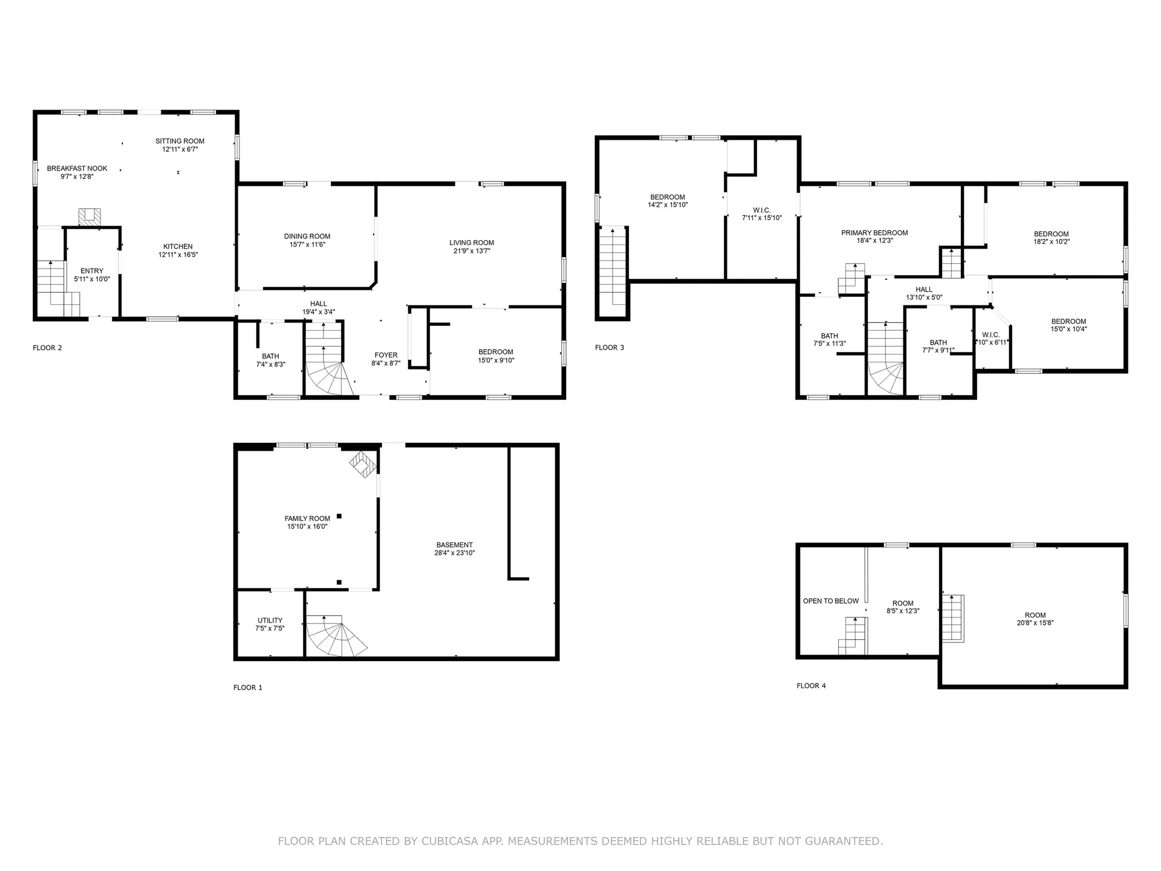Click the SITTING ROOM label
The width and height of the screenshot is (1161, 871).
180,141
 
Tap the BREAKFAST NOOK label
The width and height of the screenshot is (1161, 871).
77,169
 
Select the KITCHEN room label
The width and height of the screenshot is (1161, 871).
178,247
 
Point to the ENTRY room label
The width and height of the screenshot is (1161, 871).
92,271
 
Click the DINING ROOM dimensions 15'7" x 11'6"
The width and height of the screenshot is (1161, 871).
307,244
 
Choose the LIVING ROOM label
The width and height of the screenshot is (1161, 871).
472,243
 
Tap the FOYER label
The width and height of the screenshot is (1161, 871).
386,356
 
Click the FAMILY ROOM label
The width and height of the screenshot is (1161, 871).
307,518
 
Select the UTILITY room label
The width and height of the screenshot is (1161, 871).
270,621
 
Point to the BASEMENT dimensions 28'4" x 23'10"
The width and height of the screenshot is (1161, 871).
455,553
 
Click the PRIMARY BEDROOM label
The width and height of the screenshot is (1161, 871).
874,233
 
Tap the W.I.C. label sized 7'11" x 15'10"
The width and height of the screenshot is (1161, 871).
762,210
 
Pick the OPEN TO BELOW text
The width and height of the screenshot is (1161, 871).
831,601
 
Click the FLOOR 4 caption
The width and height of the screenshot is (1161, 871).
811,686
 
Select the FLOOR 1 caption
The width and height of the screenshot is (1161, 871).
248,688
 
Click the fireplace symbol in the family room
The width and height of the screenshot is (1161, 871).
363,465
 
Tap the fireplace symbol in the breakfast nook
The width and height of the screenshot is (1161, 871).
90,217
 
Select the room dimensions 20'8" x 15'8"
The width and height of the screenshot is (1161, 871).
1035,623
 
